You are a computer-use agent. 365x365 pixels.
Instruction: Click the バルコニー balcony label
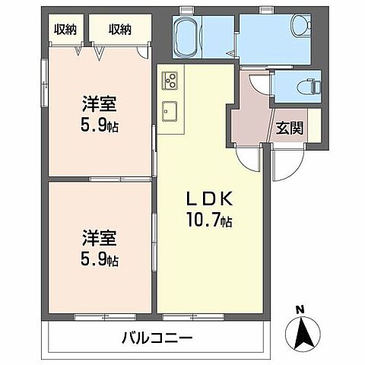point(157,337)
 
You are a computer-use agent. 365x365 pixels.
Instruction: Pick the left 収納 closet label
point(64,29)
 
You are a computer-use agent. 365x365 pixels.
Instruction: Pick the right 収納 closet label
point(119,29)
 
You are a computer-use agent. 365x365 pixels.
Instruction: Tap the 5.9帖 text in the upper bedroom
point(100,123)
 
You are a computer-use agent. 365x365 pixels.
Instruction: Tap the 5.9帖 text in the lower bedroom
point(100,259)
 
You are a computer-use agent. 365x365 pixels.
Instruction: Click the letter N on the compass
point(300,309)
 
